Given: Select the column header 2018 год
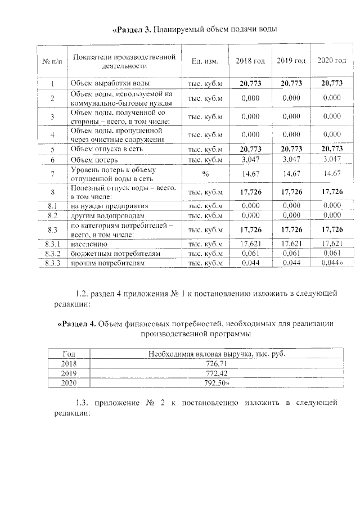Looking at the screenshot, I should (250, 61).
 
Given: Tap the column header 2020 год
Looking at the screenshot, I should (332, 61).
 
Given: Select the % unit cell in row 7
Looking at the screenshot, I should (205, 174).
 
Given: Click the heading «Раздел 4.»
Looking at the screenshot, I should (80, 324).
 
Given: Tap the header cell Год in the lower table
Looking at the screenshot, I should (69, 354).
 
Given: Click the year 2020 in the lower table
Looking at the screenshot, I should (69, 382).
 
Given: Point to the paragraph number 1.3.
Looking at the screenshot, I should (82, 403).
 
